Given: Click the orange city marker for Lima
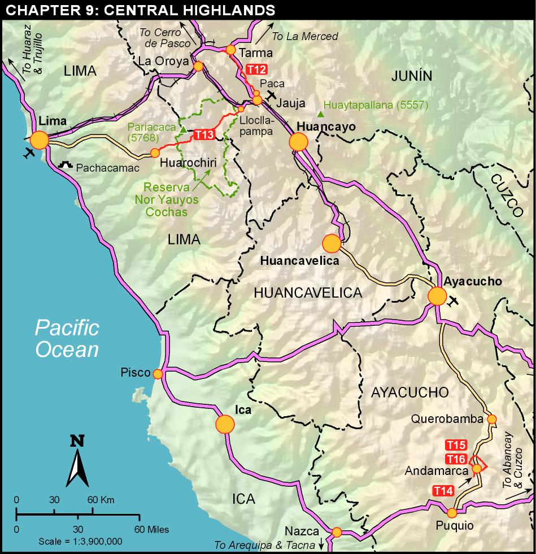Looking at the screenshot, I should pos(40,140).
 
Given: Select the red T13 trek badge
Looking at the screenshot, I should pos(204,134).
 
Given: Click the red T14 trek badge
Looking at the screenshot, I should pos(443,491).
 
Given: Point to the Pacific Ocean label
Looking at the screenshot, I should pos(67,338).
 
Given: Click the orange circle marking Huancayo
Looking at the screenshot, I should pos(298,142).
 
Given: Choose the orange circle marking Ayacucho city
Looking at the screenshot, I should pos(437,296).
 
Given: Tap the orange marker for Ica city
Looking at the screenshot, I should pos(225,424).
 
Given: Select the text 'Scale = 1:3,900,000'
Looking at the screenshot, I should pos(80,541).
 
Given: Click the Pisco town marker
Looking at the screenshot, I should pos(158,374).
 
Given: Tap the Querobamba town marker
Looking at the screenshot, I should pos(491,419).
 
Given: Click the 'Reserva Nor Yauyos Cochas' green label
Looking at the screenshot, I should pos(167,199).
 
